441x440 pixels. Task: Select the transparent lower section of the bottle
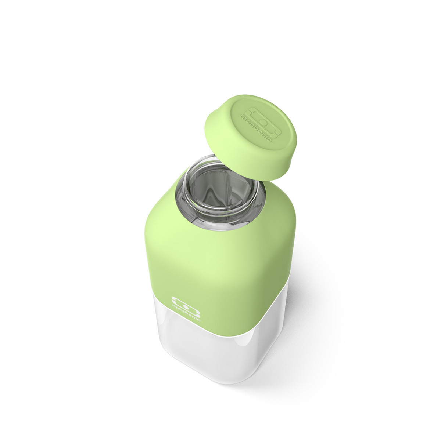(206, 352)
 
